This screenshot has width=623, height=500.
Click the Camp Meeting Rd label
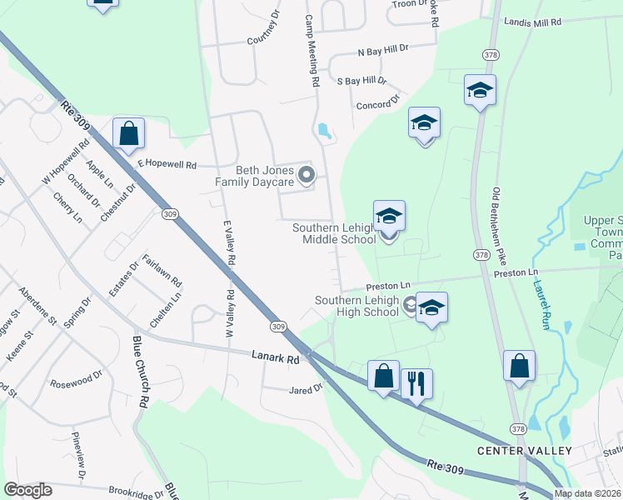pos(311,51)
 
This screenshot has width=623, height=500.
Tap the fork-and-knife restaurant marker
pos(416,384)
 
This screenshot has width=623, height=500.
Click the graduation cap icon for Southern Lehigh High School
pos(431,307)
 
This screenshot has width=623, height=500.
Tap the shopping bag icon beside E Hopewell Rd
pos(129,133)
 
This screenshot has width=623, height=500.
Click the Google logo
pos(27,489)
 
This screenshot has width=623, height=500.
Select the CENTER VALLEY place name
pos(524,451)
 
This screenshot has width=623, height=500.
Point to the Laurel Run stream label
pos(540,303)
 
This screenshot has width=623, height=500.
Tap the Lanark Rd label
pos(275,357)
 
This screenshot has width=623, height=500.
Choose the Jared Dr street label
pos(305,389)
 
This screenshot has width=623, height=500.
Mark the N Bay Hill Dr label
pos(383,51)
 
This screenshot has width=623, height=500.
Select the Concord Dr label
pos(378,102)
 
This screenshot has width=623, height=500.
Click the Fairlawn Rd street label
pos(162,272)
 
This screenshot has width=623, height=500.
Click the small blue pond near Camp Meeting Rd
pos(324,131)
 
